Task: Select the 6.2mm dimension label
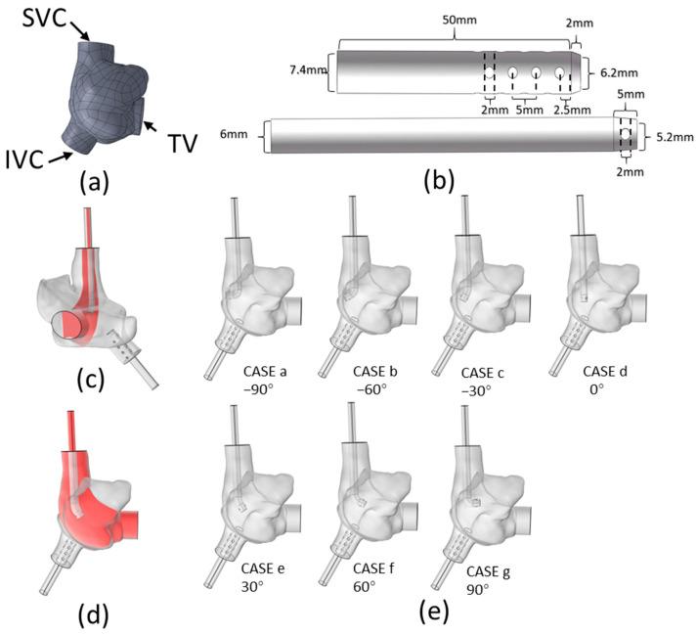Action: click(x=616, y=72)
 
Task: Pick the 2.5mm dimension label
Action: click(x=573, y=111)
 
